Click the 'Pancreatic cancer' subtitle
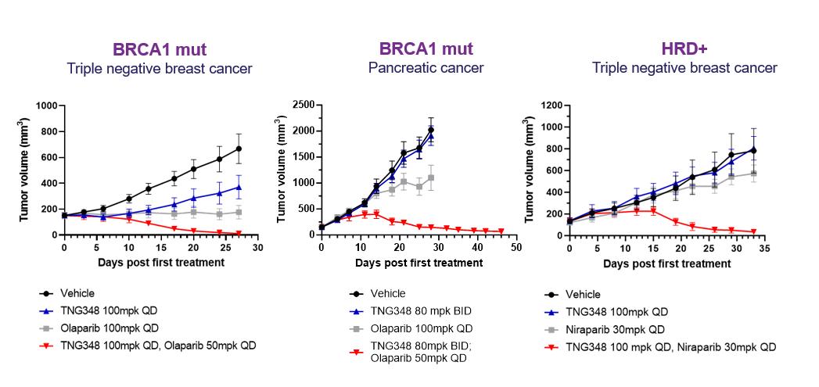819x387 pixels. [426, 68]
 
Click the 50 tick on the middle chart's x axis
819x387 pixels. [515, 248]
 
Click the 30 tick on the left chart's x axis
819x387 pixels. [257, 248]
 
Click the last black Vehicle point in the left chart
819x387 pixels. [238, 149]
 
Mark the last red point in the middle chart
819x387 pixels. [501, 231]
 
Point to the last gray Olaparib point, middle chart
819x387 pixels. [431, 177]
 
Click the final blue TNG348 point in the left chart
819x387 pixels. [238, 187]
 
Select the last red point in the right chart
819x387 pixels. [753, 231]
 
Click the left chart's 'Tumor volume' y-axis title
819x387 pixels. [24, 170]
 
